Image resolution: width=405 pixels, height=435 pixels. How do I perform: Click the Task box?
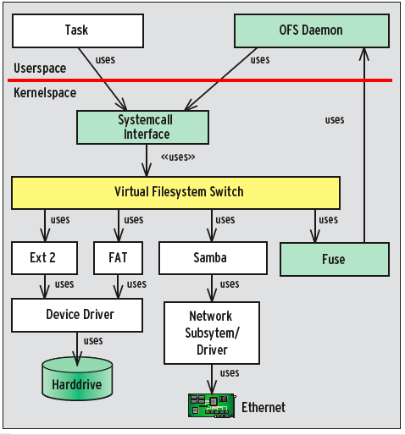coord(75,30)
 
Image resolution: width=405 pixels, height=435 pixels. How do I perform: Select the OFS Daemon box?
coord(310,30)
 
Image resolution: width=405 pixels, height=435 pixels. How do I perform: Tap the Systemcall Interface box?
coord(143,127)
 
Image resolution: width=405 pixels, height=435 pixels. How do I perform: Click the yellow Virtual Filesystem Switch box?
coord(175,192)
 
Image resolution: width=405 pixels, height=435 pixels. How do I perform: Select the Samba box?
coord(210,257)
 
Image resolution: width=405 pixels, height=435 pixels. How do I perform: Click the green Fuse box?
coord(333,259)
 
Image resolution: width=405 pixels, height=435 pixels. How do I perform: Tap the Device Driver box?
coord(80,315)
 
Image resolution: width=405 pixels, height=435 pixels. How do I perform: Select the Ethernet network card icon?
coord(210,405)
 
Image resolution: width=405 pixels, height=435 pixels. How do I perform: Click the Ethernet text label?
coord(264,407)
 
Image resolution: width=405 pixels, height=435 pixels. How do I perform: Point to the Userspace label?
coord(41,69)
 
